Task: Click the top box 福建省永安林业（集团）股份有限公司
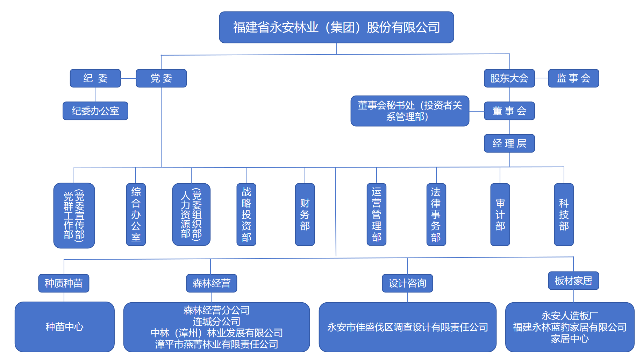[336, 27]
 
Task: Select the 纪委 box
[95, 78]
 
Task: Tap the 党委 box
[161, 78]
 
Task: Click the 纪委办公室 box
[95, 111]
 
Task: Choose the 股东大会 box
[509, 78]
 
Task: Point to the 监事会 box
[573, 78]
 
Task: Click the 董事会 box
[509, 111]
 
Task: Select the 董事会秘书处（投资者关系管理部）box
[410, 111]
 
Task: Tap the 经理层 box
[509, 143]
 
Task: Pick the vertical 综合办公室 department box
[136, 214]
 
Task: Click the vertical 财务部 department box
[305, 214]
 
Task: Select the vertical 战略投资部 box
[246, 214]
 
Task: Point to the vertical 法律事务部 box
[436, 214]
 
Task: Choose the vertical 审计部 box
[500, 214]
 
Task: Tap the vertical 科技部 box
[564, 214]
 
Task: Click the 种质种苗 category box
[64, 283]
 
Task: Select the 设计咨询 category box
[407, 283]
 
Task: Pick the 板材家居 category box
[573, 281]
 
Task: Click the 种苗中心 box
[65, 327]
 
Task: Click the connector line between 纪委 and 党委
[128, 78]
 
